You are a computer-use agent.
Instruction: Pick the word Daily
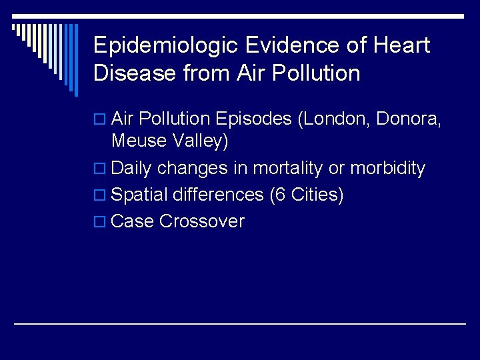click(132, 169)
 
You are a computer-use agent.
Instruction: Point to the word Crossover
click(203, 221)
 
